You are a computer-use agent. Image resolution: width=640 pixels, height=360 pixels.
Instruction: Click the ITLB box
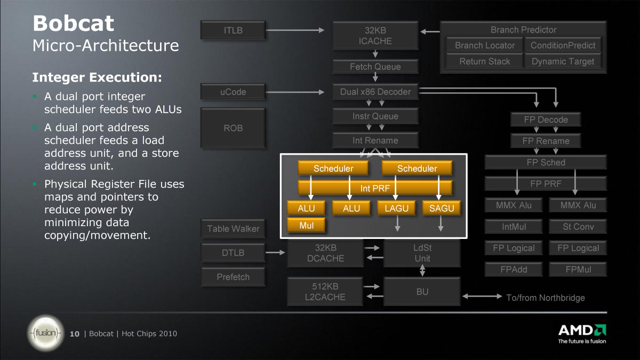tap(233, 30)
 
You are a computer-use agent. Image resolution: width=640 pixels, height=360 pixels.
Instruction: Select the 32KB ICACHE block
tap(375, 35)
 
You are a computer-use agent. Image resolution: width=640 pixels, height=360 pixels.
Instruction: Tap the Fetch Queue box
tap(375, 67)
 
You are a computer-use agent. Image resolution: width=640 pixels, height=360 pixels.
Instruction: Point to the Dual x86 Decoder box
tap(375, 92)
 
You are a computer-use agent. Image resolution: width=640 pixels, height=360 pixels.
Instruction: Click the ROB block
tap(233, 127)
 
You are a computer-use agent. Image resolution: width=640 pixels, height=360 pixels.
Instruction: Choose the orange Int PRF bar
tap(375, 188)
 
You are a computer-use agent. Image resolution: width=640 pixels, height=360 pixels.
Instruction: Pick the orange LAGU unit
tap(396, 208)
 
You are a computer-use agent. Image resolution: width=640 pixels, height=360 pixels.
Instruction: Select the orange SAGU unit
tap(442, 208)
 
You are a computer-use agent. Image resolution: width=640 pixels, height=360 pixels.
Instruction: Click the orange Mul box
tap(306, 225)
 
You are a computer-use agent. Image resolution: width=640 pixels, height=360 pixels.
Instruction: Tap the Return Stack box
tap(485, 61)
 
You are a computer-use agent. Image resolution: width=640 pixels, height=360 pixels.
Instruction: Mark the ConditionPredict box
tap(563, 45)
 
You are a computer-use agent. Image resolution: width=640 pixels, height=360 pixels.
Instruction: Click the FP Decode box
tap(546, 119)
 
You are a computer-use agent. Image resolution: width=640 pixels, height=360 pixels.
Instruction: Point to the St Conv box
tap(578, 227)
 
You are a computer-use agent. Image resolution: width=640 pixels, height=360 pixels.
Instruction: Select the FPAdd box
tap(514, 269)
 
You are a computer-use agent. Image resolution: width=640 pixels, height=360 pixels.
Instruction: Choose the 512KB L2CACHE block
tap(325, 291)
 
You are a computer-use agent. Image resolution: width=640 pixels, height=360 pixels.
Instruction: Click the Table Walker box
tap(233, 229)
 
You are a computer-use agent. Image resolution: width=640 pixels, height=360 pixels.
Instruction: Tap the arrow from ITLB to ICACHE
tap(295, 30)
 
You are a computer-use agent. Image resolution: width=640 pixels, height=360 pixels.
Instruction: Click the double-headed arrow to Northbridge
tap(482, 297)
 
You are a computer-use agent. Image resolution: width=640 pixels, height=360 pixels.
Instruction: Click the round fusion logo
tap(46, 333)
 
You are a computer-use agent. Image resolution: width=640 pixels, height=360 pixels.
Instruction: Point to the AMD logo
tap(582, 333)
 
